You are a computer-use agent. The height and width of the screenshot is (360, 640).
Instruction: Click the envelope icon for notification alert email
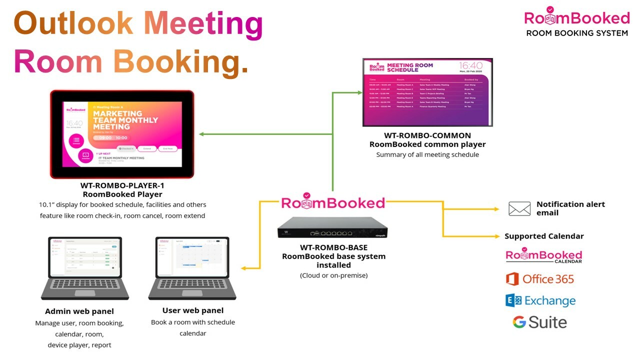[519, 208]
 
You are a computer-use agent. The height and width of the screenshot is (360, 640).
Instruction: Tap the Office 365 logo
[540, 279]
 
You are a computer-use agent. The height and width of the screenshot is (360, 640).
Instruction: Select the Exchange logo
[540, 300]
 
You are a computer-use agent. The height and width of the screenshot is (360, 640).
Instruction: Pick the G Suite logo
[540, 322]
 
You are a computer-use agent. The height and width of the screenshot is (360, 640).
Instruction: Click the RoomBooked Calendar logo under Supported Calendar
[544, 256]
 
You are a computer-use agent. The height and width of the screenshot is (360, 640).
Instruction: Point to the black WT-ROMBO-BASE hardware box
[332, 228]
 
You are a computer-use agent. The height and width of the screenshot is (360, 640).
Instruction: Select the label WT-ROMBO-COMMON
[427, 135]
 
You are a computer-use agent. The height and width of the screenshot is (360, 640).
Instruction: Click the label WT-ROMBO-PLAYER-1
[122, 185]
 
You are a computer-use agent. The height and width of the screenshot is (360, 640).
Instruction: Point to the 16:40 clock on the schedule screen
[471, 66]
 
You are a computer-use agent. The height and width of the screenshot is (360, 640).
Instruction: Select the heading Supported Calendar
[544, 236]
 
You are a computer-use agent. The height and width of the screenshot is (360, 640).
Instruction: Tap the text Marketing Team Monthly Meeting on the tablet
[125, 120]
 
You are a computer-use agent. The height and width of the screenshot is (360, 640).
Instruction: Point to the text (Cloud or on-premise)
[333, 275]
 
